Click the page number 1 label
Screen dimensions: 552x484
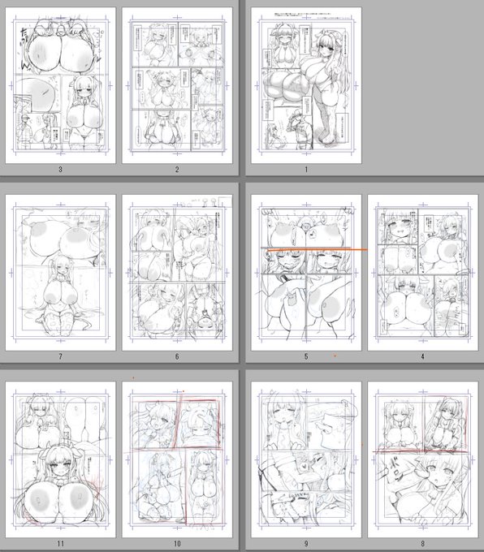pyautogui.click(x=306, y=170)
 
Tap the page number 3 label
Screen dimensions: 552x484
pyautogui.click(x=61, y=170)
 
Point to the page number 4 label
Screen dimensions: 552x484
pyautogui.click(x=423, y=355)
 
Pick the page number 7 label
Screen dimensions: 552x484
pyautogui.click(x=61, y=355)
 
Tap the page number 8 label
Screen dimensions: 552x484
pyautogui.click(x=423, y=541)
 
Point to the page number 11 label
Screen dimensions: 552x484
pyautogui.click(x=61, y=541)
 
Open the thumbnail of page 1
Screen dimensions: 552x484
pyautogui.click(x=306, y=85)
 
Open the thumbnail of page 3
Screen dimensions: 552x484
pyautogui.click(x=61, y=85)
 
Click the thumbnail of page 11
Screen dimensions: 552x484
pyautogui.click(x=61, y=459)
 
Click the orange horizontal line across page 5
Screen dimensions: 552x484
pyautogui.click(x=325, y=249)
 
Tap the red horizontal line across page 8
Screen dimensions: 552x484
pyautogui.click(x=422, y=450)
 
